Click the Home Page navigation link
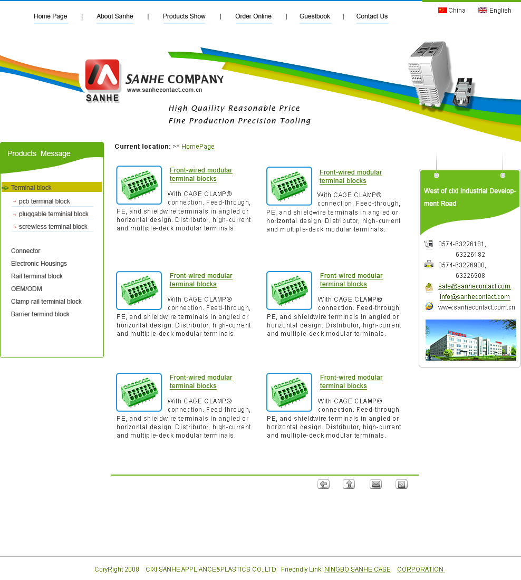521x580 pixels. coord(50,16)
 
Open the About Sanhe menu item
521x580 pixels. coord(115,16)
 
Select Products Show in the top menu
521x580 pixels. coord(184,16)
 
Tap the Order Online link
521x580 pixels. coord(253,16)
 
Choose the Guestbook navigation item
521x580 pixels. coord(314,16)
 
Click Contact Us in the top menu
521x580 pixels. coord(372,16)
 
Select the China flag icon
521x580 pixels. coord(442,11)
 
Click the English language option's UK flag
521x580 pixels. coord(483,11)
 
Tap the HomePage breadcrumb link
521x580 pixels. coord(198,147)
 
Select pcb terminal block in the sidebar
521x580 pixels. coord(44,201)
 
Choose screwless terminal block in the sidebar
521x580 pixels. coord(53,226)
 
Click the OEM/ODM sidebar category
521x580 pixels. coord(27,289)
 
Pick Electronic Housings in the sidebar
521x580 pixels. coord(39,263)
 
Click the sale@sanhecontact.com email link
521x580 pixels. coord(474,286)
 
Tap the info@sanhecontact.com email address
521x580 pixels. coord(475,297)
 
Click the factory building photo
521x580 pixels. coord(471,340)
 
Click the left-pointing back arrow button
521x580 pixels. coord(323,484)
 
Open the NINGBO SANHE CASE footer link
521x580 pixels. coord(358,569)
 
